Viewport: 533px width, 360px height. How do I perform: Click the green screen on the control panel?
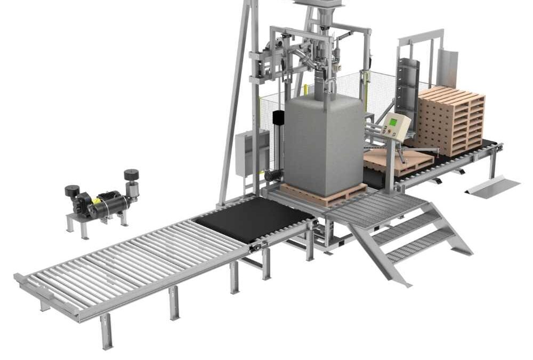click(x=393, y=123)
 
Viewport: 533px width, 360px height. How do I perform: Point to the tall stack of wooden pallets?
click(x=453, y=120)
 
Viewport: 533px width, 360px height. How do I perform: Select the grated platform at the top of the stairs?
click(x=373, y=208)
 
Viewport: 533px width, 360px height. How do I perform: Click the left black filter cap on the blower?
click(x=72, y=190)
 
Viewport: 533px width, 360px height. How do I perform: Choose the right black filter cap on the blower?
click(x=131, y=174)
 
